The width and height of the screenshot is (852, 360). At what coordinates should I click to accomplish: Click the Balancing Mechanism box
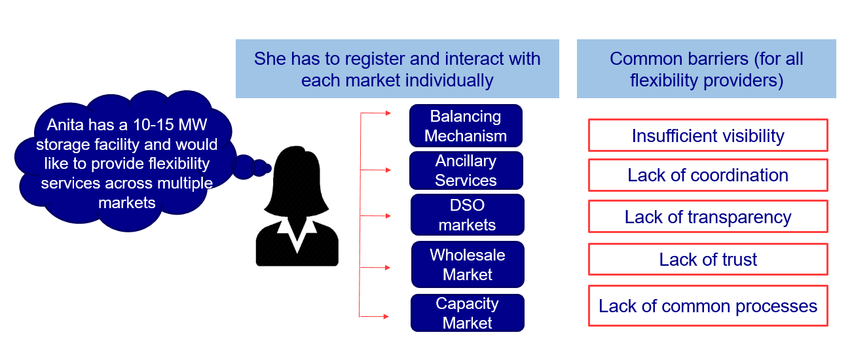tap(466, 126)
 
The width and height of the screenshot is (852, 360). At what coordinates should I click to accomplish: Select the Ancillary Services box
tap(466, 170)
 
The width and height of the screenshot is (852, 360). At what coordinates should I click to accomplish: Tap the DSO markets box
tap(467, 215)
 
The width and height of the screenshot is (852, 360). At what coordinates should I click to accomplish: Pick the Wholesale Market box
tap(467, 264)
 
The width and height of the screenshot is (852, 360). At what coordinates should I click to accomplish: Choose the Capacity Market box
tap(467, 313)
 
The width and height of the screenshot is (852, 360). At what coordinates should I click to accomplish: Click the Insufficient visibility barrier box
tap(708, 135)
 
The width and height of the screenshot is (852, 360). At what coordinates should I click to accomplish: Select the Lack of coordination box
tap(708, 175)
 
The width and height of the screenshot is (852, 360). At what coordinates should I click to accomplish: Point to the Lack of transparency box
tap(708, 217)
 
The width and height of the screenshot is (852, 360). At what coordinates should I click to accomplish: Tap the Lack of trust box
tap(708, 259)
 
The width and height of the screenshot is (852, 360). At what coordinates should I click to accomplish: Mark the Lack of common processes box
tap(708, 306)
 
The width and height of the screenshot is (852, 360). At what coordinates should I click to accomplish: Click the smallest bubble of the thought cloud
tap(268, 168)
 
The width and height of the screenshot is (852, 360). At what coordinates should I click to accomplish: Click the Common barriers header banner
tap(706, 69)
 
